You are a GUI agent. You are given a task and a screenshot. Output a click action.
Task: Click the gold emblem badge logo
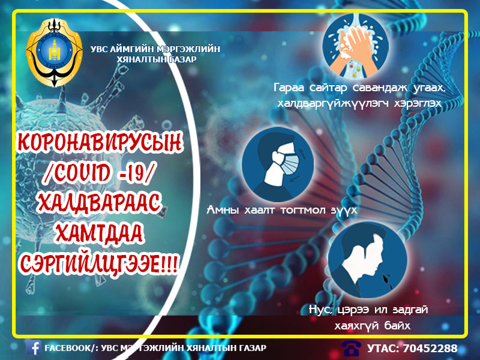(x=54, y=53)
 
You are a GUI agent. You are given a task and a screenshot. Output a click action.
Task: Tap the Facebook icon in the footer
(x=34, y=347)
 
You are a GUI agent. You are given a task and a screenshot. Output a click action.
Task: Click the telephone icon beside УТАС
(x=351, y=349)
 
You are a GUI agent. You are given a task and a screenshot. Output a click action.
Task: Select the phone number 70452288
(x=430, y=348)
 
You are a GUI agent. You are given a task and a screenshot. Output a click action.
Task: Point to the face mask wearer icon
(x=278, y=164)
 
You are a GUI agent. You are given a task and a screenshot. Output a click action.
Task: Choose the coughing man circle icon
(x=368, y=260)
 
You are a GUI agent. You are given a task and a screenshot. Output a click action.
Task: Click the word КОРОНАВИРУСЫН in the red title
(x=100, y=142)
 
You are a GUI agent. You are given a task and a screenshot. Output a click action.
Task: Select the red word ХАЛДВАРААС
(x=100, y=203)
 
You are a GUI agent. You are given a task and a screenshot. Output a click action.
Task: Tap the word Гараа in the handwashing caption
(x=289, y=88)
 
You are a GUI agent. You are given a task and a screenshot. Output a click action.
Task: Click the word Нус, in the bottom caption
(x=320, y=310)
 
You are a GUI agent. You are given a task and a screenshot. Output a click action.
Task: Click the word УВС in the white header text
(x=98, y=49)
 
